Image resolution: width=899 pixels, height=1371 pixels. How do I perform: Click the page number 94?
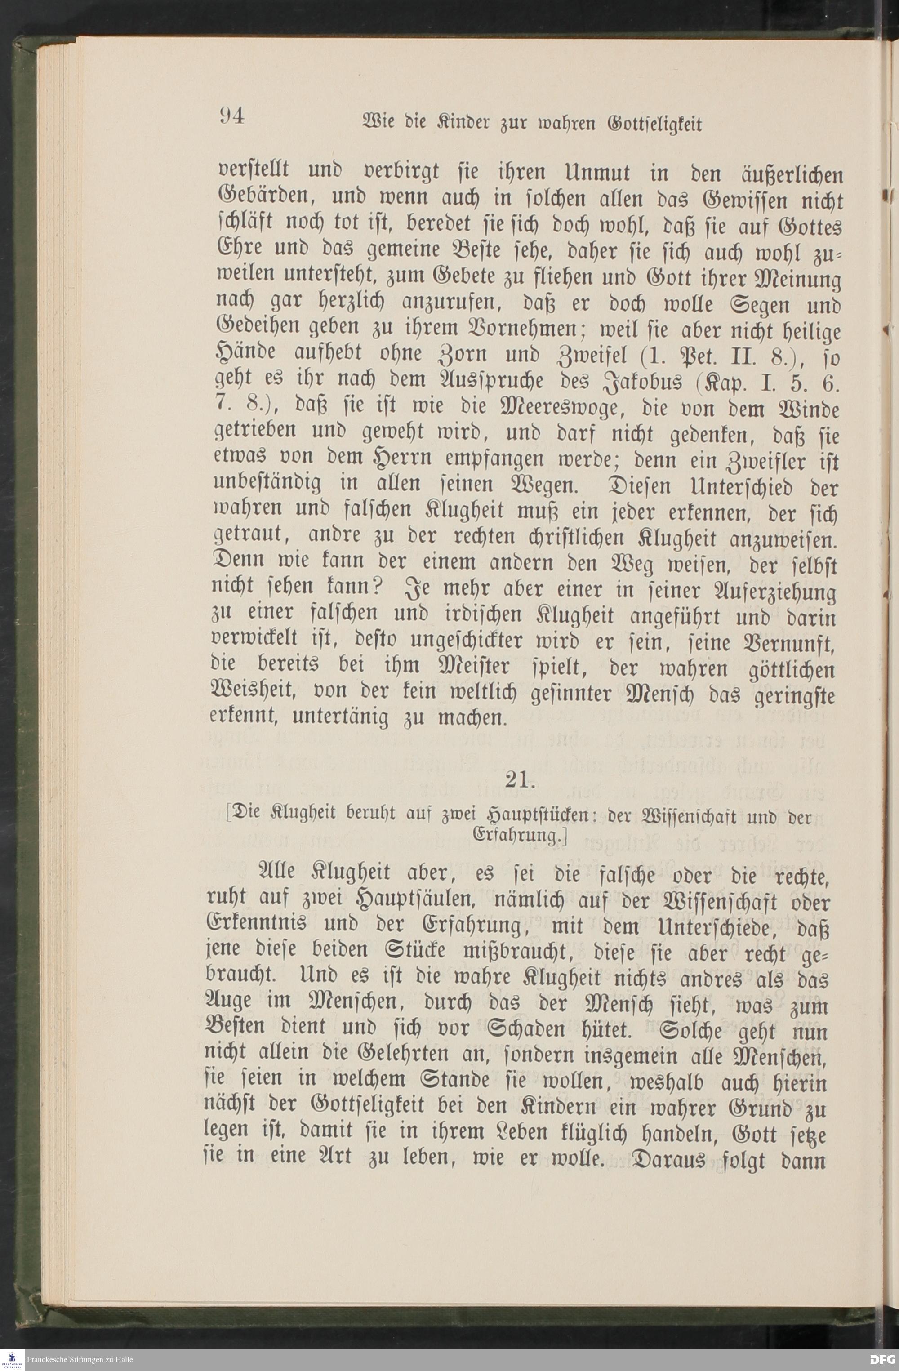tap(231, 116)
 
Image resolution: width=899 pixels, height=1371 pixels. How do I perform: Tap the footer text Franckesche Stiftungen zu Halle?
tap(80, 1359)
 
